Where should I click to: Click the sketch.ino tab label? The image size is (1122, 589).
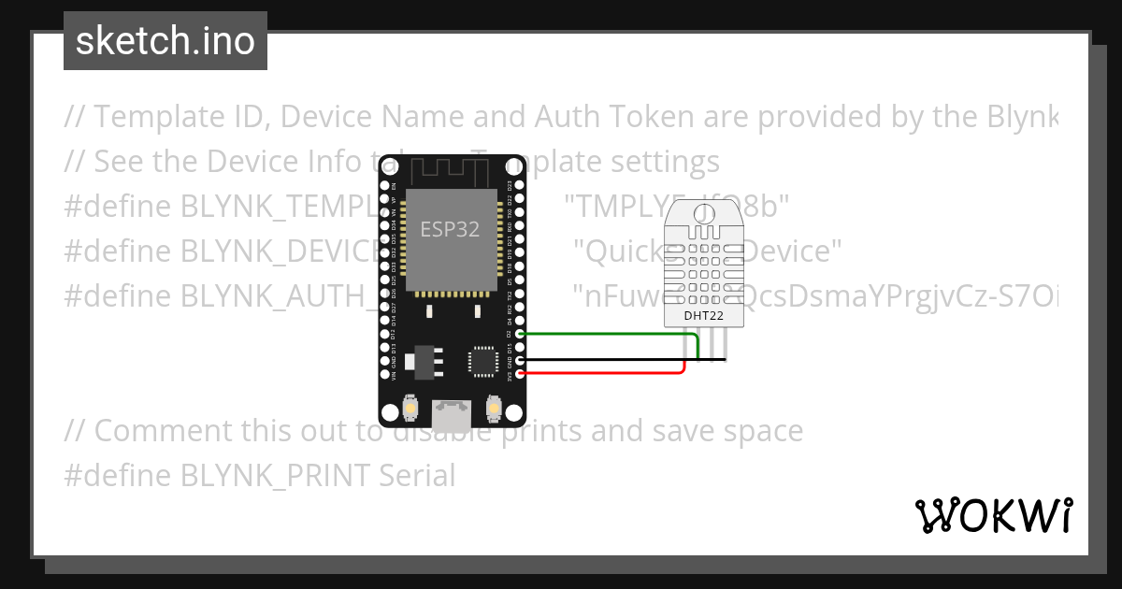tap(165, 41)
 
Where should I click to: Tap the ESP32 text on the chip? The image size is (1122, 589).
tap(451, 229)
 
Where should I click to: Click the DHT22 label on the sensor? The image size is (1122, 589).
tap(703, 315)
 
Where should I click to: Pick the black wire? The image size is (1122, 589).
tap(608, 360)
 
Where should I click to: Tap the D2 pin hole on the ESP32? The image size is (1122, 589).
tap(520, 334)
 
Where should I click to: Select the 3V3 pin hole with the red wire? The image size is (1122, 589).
tap(520, 374)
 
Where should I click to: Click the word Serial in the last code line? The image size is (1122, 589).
tap(417, 476)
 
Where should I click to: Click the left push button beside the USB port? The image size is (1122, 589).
tap(410, 409)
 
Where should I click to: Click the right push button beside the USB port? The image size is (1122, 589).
tap(495, 409)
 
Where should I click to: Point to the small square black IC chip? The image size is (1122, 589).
tap(482, 361)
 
